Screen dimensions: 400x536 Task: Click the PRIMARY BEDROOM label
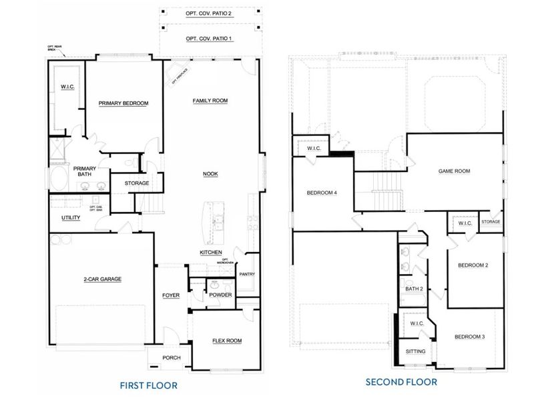pyautogui.click(x=123, y=103)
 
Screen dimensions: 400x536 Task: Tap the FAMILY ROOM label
pyautogui.click(x=210, y=101)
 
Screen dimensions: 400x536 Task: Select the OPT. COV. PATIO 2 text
pyautogui.click(x=210, y=13)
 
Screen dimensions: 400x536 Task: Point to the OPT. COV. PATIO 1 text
pyautogui.click(x=210, y=38)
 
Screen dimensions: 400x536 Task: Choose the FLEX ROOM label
pyautogui.click(x=227, y=341)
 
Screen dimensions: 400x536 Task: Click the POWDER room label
pyautogui.click(x=220, y=295)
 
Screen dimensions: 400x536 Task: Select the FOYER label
pyautogui.click(x=171, y=295)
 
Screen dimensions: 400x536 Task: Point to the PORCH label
pyautogui.click(x=172, y=357)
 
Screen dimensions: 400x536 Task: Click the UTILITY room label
pyautogui.click(x=71, y=218)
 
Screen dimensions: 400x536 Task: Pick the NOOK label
pyautogui.click(x=211, y=173)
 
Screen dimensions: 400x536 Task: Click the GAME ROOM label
pyautogui.click(x=454, y=171)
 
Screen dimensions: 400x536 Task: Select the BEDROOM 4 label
pyautogui.click(x=322, y=193)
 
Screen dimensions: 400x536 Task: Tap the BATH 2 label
pyautogui.click(x=414, y=289)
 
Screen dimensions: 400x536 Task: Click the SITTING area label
pyautogui.click(x=415, y=351)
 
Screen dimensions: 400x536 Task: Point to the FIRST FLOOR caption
pyautogui.click(x=148, y=385)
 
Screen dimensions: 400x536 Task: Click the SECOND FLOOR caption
pyautogui.click(x=401, y=382)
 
